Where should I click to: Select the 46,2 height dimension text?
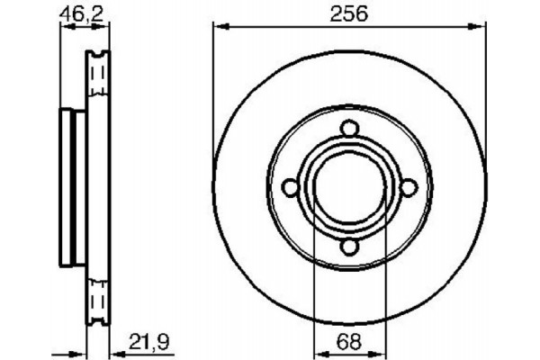tap(75, 13)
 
